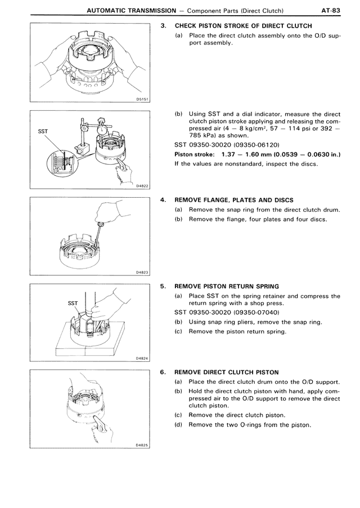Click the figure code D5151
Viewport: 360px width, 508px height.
[142, 99]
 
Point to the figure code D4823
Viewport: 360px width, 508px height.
[142, 273]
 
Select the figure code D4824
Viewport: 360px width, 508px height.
[142, 359]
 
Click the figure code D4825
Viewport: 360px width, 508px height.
[142, 444]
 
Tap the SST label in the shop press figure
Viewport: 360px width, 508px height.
[73, 303]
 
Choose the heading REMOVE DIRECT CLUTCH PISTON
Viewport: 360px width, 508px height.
[227, 372]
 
